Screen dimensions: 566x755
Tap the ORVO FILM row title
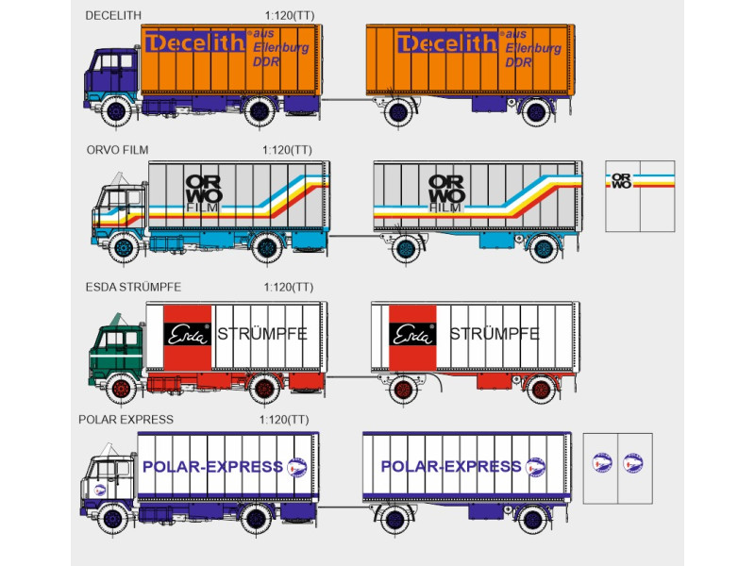tap(116, 149)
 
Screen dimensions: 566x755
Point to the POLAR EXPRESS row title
tap(126, 419)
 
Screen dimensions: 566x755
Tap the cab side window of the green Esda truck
tap(127, 336)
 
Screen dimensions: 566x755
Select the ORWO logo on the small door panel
tap(621, 180)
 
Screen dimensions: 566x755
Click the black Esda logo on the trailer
tap(412, 334)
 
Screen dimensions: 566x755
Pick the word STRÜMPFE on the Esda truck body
tap(262, 334)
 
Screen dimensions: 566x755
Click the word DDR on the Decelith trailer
tap(518, 62)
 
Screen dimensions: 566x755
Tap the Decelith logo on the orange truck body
tap(195, 43)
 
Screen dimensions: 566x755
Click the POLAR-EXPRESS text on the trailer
tap(449, 467)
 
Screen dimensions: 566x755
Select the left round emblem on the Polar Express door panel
tap(601, 462)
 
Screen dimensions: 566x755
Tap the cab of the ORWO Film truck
tap(117, 213)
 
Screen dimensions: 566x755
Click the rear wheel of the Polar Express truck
tap(255, 518)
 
